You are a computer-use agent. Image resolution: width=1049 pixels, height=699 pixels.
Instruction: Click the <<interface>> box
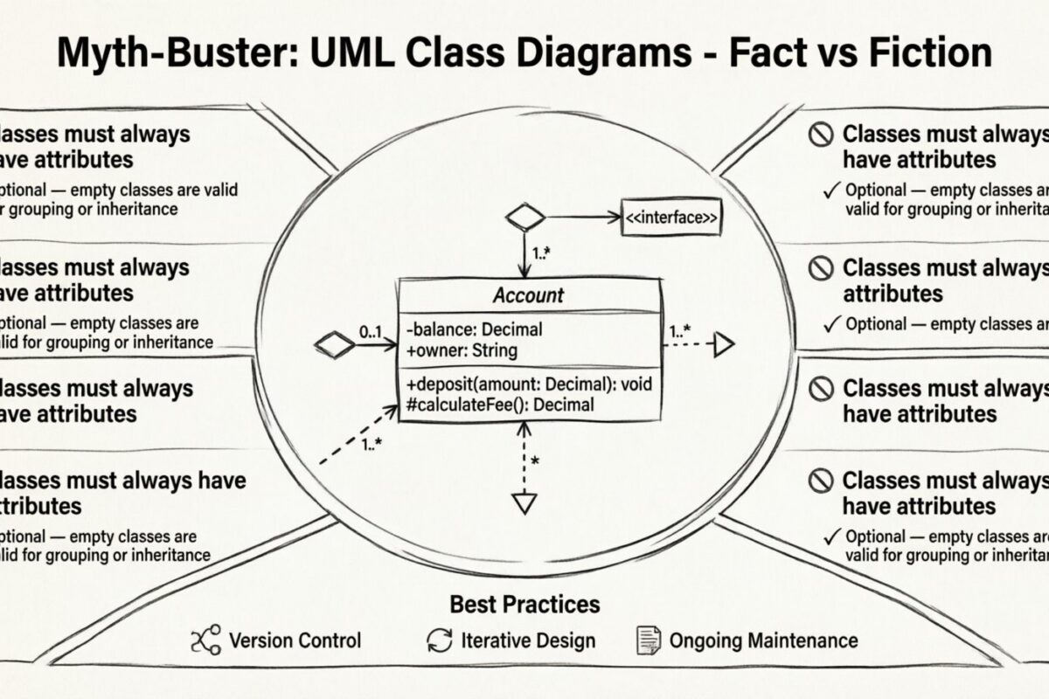click(671, 218)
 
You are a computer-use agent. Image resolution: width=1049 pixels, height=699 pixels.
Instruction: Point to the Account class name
click(528, 295)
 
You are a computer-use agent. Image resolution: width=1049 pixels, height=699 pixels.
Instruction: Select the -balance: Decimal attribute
click(474, 330)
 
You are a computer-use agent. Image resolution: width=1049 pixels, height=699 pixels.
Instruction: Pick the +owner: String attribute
click(462, 350)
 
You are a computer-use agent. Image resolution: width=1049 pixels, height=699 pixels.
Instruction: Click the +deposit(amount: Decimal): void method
click(529, 384)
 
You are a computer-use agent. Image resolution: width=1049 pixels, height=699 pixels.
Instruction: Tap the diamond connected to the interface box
click(525, 218)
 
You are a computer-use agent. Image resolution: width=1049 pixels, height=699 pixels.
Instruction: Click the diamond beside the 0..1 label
click(334, 345)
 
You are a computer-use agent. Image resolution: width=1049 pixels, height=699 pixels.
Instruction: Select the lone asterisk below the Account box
click(534, 460)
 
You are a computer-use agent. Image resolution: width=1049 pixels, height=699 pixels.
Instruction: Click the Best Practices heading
click(524, 604)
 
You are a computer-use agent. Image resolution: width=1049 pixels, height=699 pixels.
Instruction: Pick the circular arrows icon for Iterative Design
click(439, 640)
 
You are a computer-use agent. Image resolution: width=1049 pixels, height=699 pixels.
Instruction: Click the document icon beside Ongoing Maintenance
click(647, 640)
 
